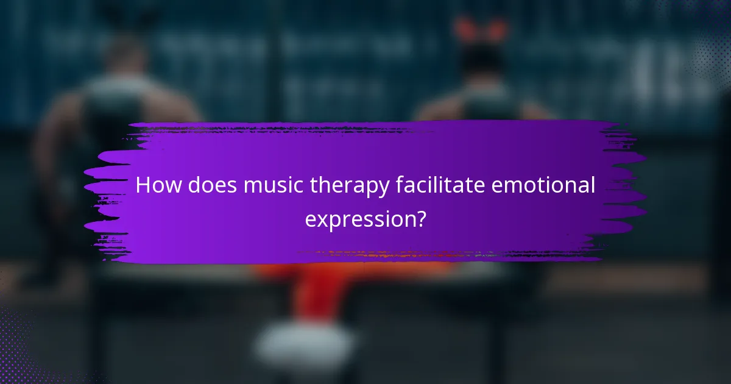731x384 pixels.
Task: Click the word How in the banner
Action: [x=158, y=185]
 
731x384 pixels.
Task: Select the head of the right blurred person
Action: [x=481, y=58]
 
